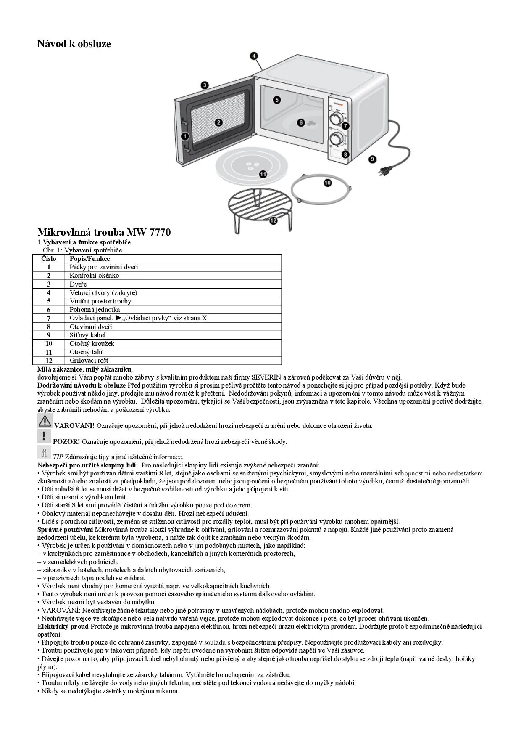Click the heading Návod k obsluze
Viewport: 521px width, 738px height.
point(74,44)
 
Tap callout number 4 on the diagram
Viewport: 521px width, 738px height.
point(254,56)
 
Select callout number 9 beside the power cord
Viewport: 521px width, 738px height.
point(373,159)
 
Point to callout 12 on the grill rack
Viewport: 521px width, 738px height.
point(274,220)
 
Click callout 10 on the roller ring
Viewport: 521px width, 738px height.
point(327,182)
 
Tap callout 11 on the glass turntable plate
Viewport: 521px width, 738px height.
point(263,174)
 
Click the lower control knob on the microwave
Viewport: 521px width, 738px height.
point(336,138)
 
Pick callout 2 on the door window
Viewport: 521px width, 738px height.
point(218,122)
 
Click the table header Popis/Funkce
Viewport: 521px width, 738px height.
point(89,259)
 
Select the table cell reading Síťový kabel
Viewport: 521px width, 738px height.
point(87,335)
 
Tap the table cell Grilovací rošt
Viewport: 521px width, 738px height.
point(89,361)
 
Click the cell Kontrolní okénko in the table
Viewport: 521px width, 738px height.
point(94,276)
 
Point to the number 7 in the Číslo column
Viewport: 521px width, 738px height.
point(49,318)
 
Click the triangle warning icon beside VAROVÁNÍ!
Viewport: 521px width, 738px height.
point(45,421)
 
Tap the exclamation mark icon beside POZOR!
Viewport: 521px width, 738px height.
point(44,436)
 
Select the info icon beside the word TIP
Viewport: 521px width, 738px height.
point(44,452)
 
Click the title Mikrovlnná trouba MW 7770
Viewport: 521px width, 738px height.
point(104,232)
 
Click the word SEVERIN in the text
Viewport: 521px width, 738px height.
point(266,377)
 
